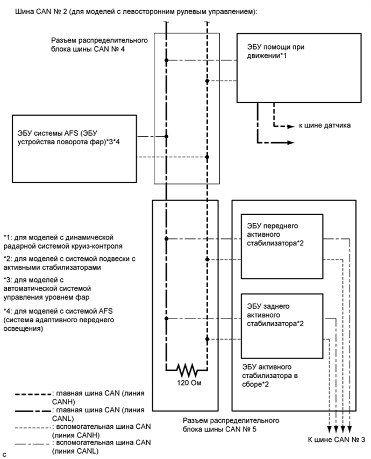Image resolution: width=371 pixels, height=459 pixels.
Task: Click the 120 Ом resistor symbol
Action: pos(186,371)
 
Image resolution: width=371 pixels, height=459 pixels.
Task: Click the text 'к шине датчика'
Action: pos(325,125)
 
